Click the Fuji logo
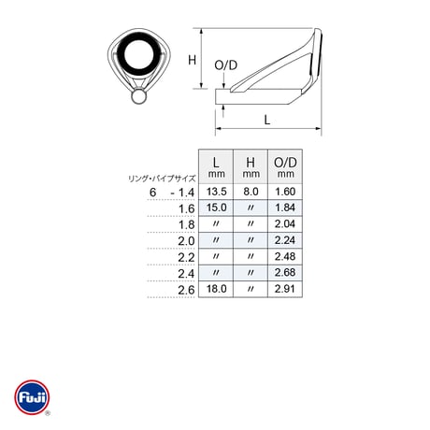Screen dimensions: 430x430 click(32, 397)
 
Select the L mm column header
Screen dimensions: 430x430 click(216, 167)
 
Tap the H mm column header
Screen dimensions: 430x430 click(251, 167)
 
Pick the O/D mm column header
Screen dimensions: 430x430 click(285, 167)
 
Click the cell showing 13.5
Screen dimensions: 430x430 click(216, 192)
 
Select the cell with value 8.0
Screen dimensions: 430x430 click(251, 192)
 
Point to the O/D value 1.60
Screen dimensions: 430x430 click(285, 192)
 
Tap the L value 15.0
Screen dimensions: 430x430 click(216, 208)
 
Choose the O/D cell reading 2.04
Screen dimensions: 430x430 click(285, 223)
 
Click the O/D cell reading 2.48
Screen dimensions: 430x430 click(285, 256)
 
